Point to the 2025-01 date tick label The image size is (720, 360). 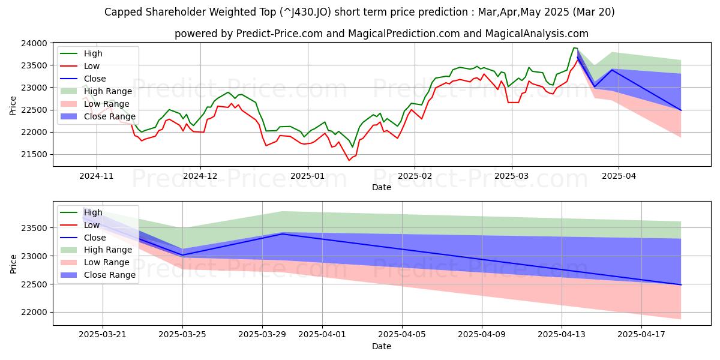[x=307, y=176]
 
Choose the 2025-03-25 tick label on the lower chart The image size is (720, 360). [x=182, y=334]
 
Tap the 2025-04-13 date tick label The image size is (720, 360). [x=562, y=334]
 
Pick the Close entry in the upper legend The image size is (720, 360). [x=95, y=79]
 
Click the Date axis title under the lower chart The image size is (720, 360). [x=382, y=346]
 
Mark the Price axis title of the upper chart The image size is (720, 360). [x=14, y=105]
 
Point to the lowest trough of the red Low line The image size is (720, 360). [x=349, y=160]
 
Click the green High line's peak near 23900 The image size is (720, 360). [x=574, y=48]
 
